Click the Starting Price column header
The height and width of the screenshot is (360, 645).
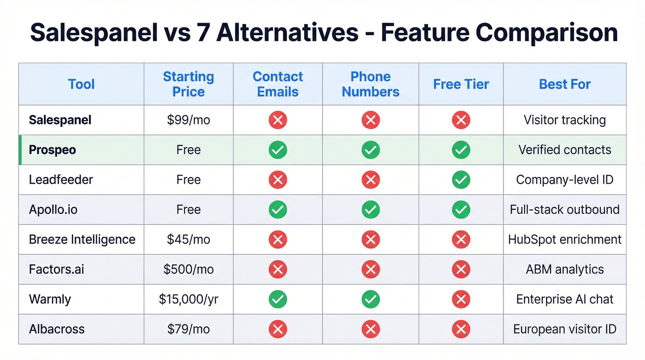pos(188,84)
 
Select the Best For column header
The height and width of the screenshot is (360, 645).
pos(564,84)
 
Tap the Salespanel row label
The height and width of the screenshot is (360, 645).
pos(60,120)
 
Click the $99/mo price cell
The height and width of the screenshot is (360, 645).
pos(188,120)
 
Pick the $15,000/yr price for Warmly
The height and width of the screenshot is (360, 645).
pos(188,299)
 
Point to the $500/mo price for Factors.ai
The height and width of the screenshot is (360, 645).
pos(188,269)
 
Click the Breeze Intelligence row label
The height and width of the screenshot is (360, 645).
pos(82,239)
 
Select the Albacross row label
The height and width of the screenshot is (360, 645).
pos(57,329)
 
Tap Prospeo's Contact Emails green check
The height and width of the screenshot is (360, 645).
pos(278,150)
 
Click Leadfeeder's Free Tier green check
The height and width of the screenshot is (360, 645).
pos(461,180)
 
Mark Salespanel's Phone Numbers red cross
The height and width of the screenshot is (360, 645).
pos(370,120)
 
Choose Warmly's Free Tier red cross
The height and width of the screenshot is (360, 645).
pos(461,299)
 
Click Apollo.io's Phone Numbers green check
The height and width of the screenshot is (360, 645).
pos(370,210)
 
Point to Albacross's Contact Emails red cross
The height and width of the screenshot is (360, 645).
pos(278,329)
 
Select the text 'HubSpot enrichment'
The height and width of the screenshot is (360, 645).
pos(564,239)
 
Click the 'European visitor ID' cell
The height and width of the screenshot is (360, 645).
pos(564,329)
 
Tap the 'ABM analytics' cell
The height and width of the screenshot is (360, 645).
pos(564,269)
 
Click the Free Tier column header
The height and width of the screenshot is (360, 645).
pos(461,84)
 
